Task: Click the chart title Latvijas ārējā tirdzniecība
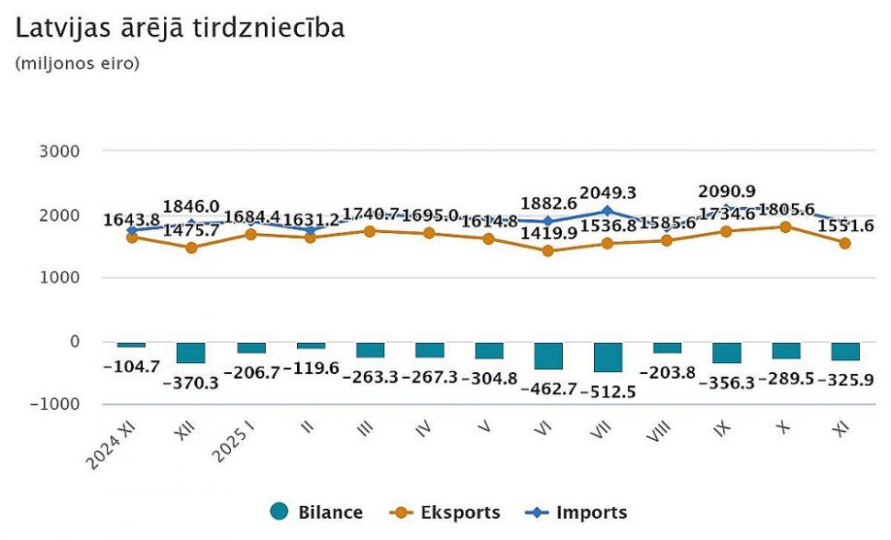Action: (x=181, y=28)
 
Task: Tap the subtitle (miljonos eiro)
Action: (x=78, y=64)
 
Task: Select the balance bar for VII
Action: (x=608, y=356)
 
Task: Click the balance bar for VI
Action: (x=548, y=354)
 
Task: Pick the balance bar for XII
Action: (x=190, y=352)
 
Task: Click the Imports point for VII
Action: (x=608, y=211)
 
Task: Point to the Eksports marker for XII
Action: (x=190, y=248)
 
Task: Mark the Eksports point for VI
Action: (x=548, y=251)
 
